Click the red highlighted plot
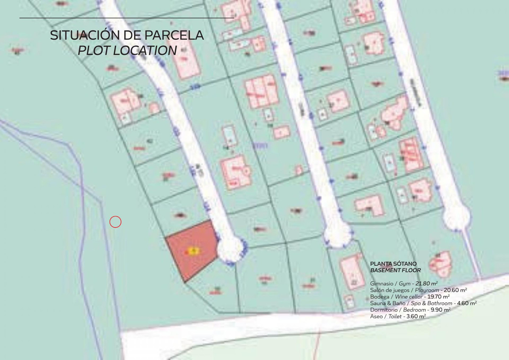[x=191, y=250]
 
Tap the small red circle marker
[x=115, y=222]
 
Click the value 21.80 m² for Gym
[x=427, y=283]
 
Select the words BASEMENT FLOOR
[x=395, y=270]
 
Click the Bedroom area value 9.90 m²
[x=440, y=310]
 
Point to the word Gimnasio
[x=382, y=283]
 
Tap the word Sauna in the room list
[x=378, y=303]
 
